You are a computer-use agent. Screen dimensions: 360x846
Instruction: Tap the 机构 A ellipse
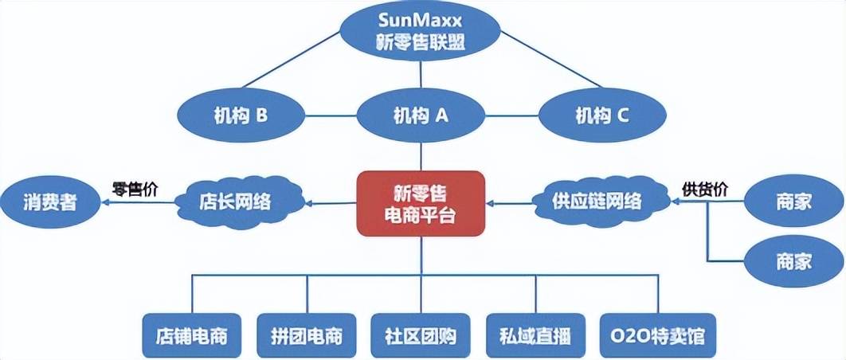[420, 116]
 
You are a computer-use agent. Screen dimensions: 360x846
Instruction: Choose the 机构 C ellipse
[601, 116]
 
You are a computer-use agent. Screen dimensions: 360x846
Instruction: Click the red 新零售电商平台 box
[420, 203]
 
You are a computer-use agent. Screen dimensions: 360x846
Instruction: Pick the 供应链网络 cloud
[597, 201]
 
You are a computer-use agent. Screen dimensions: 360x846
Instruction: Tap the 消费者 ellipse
[50, 202]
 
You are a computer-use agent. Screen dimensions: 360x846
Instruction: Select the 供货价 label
[706, 189]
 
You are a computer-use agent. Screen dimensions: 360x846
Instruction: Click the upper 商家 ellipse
[793, 202]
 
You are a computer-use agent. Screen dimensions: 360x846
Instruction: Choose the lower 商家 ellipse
[793, 261]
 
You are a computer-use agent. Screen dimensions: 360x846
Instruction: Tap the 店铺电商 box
[191, 335]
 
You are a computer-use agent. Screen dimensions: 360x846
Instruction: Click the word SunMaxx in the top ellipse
[420, 20]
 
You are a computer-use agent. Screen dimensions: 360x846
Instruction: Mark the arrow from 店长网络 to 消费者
[140, 203]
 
